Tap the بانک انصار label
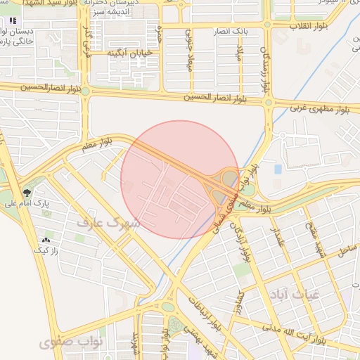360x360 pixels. point(231,32)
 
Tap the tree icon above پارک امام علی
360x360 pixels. point(27,191)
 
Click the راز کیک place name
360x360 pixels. point(48,250)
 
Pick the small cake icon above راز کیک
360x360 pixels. point(48,240)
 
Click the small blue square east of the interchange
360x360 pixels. point(278,169)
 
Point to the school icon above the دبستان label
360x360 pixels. point(13,20)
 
